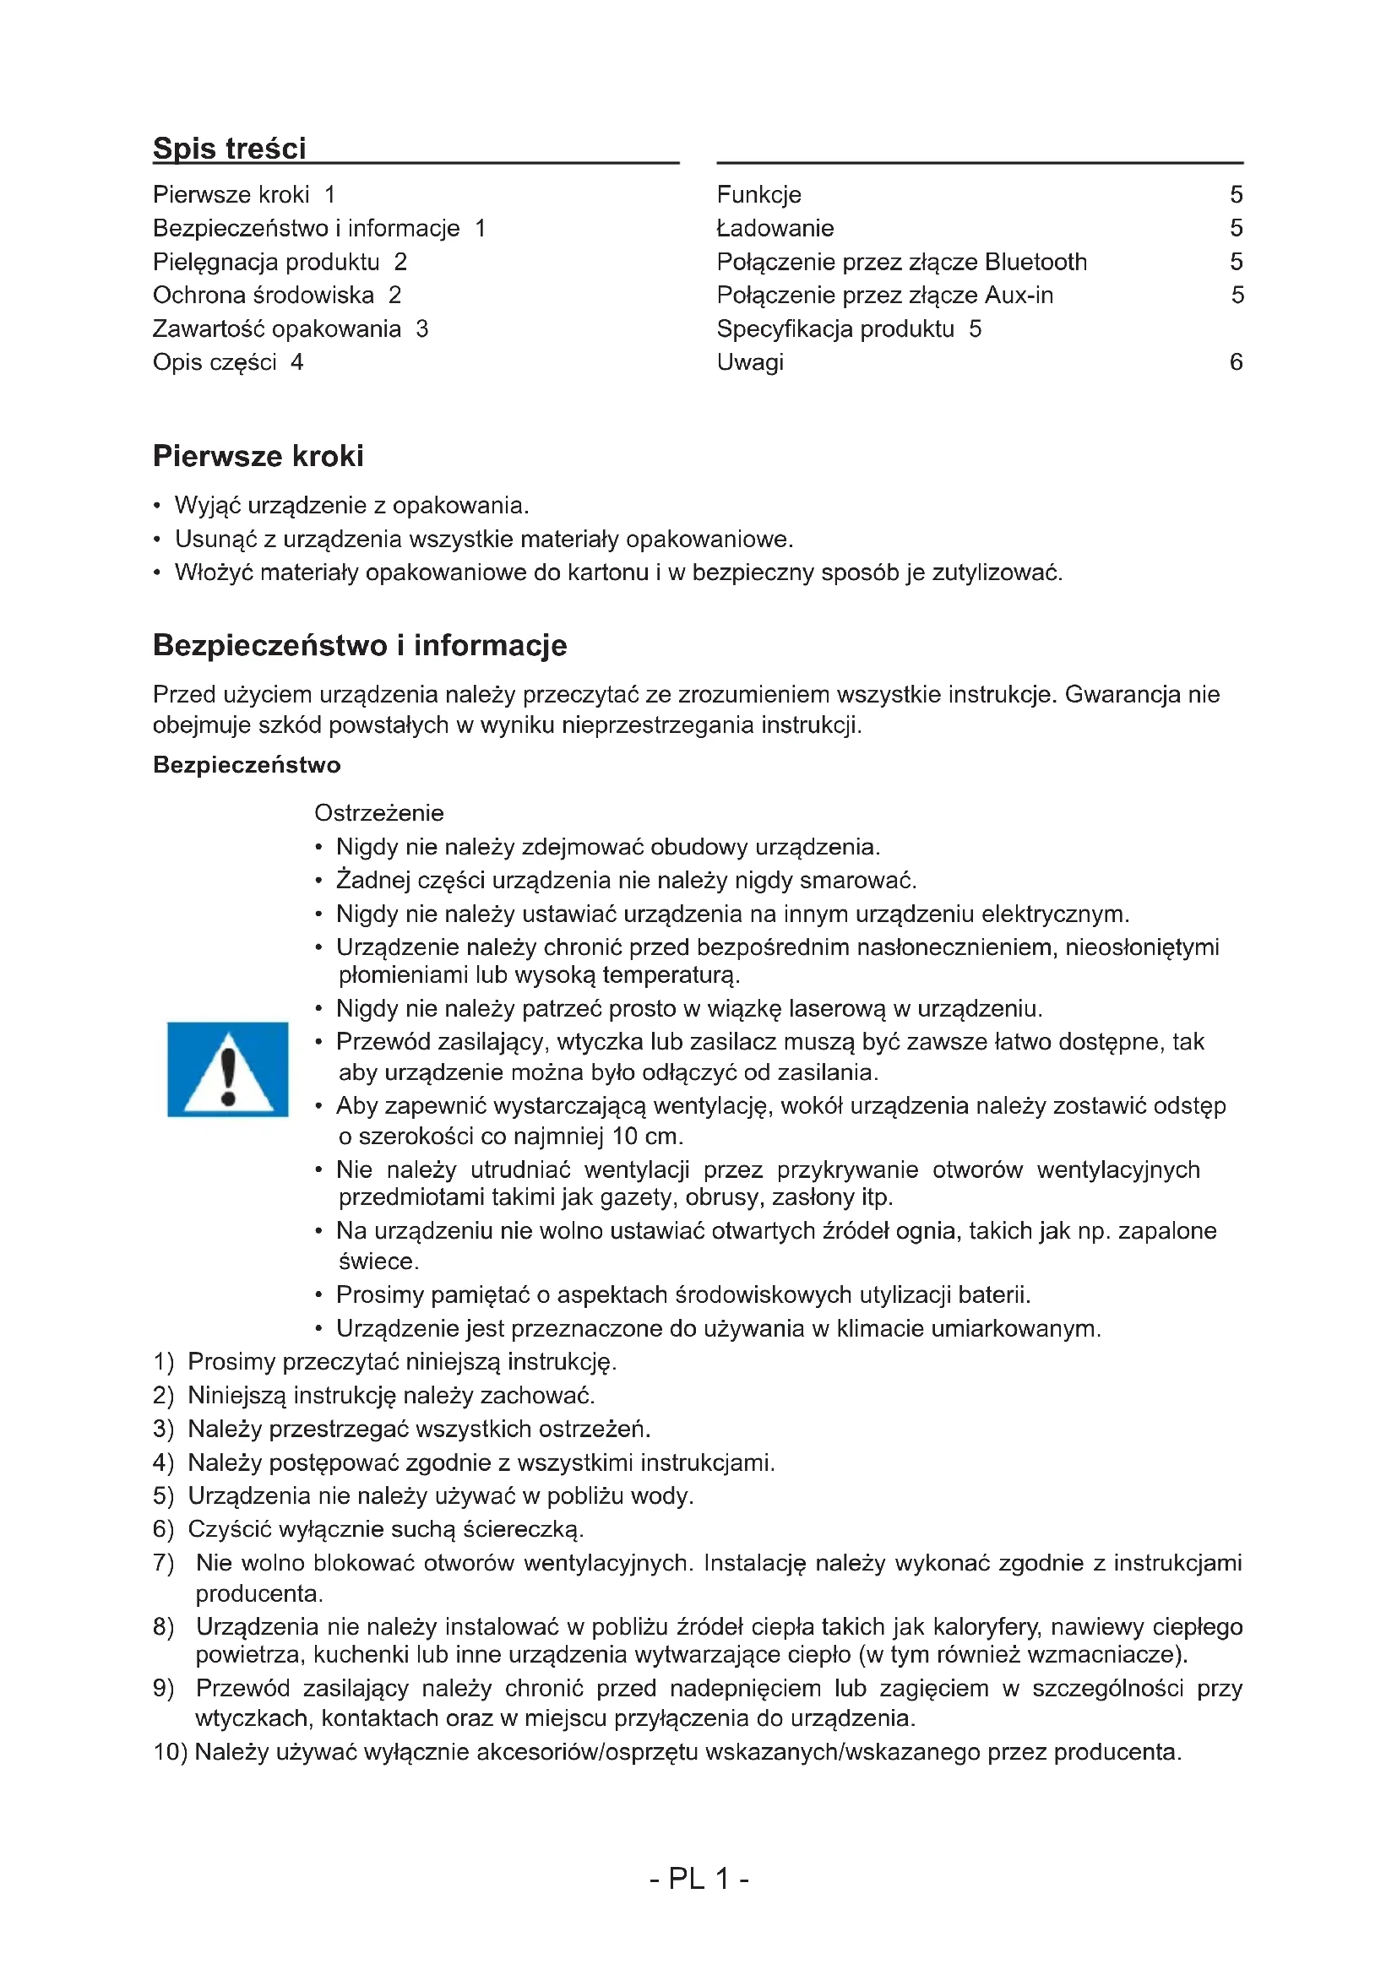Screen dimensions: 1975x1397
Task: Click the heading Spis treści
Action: [x=229, y=149]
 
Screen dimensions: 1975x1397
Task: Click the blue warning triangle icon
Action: [x=227, y=1069]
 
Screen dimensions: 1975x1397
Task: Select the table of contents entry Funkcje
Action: [x=758, y=195]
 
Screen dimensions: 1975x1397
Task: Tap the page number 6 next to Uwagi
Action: [x=1236, y=362]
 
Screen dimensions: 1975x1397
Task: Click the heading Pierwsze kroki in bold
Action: [x=258, y=456]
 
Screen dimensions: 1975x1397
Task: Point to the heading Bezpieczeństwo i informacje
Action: [x=360, y=645]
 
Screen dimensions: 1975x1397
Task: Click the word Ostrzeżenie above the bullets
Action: [x=378, y=813]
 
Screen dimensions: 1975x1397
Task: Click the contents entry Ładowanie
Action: [x=775, y=229]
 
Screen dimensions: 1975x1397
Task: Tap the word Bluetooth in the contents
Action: [x=1035, y=263]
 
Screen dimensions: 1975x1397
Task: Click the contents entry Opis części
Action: [x=215, y=363]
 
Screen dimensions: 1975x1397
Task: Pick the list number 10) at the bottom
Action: [x=171, y=1752]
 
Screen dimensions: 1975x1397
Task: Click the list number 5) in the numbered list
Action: [x=164, y=1496]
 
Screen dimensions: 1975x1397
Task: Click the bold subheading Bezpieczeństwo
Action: [x=246, y=765]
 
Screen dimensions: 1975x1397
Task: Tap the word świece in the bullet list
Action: [x=377, y=1262]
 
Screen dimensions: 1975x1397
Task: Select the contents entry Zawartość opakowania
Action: [x=276, y=329]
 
